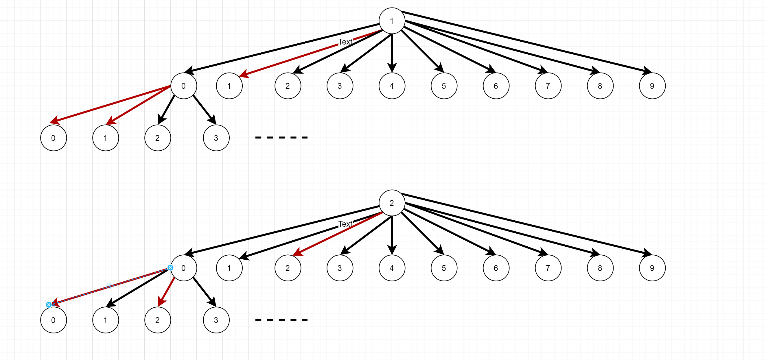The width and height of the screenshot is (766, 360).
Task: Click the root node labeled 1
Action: [x=392, y=21]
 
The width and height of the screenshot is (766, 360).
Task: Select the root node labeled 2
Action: [x=392, y=203]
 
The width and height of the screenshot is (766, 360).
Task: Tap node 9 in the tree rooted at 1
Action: [x=652, y=86]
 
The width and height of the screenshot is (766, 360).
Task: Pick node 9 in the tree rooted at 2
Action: [x=652, y=268]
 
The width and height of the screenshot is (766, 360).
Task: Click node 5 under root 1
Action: [x=444, y=86]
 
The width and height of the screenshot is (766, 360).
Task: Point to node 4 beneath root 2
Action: [x=392, y=268]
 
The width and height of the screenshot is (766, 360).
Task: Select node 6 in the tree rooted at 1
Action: [x=496, y=86]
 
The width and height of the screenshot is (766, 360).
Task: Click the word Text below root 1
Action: [x=345, y=42]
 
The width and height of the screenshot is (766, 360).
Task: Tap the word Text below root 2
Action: [x=345, y=224]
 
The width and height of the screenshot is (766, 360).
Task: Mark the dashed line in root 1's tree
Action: [x=281, y=138]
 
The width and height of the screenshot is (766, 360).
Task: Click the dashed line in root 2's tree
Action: [x=281, y=320]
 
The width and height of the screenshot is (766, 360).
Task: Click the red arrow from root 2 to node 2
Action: [x=336, y=235]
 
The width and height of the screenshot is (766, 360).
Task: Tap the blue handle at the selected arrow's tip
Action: [x=49, y=305]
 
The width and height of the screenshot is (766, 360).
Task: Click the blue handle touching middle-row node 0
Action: [x=170, y=268]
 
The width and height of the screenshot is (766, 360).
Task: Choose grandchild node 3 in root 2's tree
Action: [x=216, y=320]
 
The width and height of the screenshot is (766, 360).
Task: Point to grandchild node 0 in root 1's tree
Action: [x=54, y=138]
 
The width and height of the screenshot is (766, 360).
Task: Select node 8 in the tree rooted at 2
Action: [x=600, y=268]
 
